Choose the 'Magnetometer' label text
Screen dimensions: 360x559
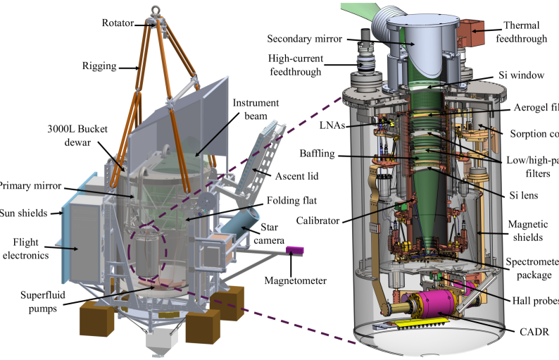coord(295,280)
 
